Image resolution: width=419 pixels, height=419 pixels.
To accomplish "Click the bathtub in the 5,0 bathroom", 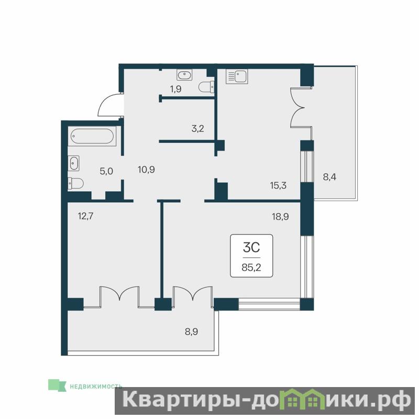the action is click(92, 136).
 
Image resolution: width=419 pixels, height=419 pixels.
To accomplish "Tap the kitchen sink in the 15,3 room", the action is click(237, 76).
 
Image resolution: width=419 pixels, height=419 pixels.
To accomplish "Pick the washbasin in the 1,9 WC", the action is click(184, 75).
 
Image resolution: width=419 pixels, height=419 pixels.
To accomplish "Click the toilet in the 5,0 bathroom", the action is click(75, 183).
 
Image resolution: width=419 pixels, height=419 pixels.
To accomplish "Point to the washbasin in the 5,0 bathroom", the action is click(73, 163).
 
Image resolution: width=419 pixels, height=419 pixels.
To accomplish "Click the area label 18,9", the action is click(280, 216).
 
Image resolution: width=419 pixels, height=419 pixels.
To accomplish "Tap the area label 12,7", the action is click(85, 216).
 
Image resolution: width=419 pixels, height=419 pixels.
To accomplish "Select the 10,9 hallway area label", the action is click(147, 169).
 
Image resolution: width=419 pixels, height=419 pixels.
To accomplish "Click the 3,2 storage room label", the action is click(198, 128).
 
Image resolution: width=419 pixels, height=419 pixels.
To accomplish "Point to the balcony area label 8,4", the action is click(329, 177).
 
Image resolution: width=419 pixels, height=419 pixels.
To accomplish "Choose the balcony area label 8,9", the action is click(192, 332).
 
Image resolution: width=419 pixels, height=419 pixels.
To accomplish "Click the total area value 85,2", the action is click(251, 268).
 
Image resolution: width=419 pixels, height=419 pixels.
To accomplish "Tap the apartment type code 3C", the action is click(251, 248).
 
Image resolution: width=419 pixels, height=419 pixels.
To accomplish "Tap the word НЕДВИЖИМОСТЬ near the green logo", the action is click(96, 387).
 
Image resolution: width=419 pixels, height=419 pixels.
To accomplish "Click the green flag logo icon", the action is click(57, 385).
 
